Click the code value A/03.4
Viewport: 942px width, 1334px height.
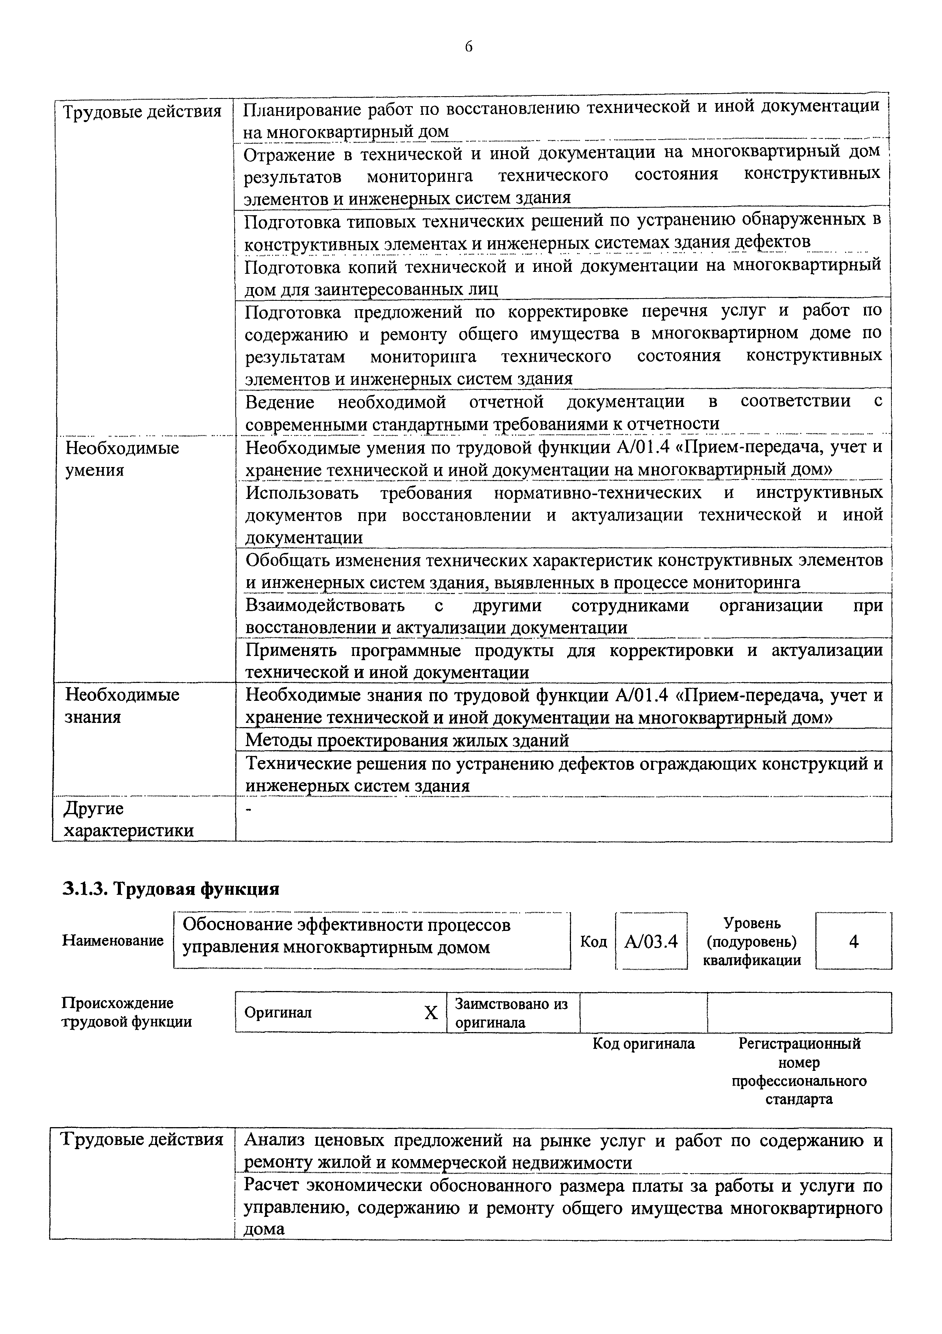(651, 941)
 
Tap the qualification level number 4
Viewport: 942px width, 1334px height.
(853, 941)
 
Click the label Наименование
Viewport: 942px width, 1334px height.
(113, 941)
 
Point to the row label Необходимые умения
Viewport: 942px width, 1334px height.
(122, 458)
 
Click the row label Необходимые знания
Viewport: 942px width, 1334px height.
(122, 705)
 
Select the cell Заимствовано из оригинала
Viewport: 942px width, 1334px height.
(511, 1013)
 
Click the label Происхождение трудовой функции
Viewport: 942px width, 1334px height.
(127, 1012)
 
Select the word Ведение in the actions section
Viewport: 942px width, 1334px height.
(279, 402)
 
